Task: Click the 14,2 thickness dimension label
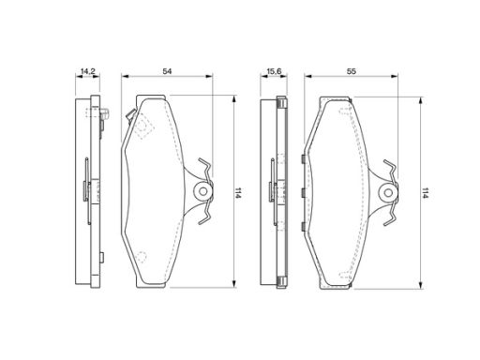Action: point(87,71)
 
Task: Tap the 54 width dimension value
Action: point(167,71)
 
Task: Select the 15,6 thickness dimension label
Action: point(274,71)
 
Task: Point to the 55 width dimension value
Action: point(352,71)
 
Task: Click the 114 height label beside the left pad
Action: point(238,193)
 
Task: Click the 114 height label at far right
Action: point(425,193)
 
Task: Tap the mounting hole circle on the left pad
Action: point(203,191)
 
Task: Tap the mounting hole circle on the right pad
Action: point(388,192)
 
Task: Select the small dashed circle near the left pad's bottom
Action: point(142,257)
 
